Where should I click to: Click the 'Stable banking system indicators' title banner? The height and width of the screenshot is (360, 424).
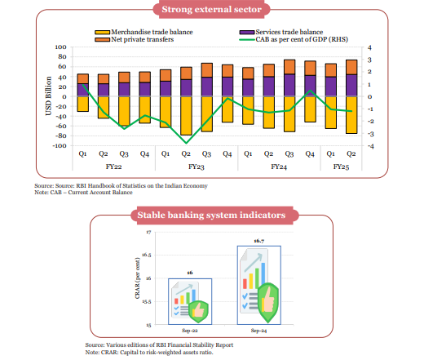(211, 216)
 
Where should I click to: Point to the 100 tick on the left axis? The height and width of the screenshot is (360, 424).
(60, 48)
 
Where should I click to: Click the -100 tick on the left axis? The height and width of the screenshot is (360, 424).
(59, 146)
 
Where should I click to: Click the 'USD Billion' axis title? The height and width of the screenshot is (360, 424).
(49, 97)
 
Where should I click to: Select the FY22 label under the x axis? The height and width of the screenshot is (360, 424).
(114, 167)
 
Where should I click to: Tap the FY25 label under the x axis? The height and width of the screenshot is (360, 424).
(342, 167)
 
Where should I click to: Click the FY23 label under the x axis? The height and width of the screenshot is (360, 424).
(196, 167)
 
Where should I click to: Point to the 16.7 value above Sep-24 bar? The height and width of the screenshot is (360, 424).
(258, 242)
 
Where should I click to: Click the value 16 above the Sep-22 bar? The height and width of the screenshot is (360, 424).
(190, 272)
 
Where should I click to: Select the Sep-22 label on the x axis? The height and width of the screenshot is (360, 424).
(190, 331)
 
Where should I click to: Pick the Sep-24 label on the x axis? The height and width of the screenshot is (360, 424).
(258, 331)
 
